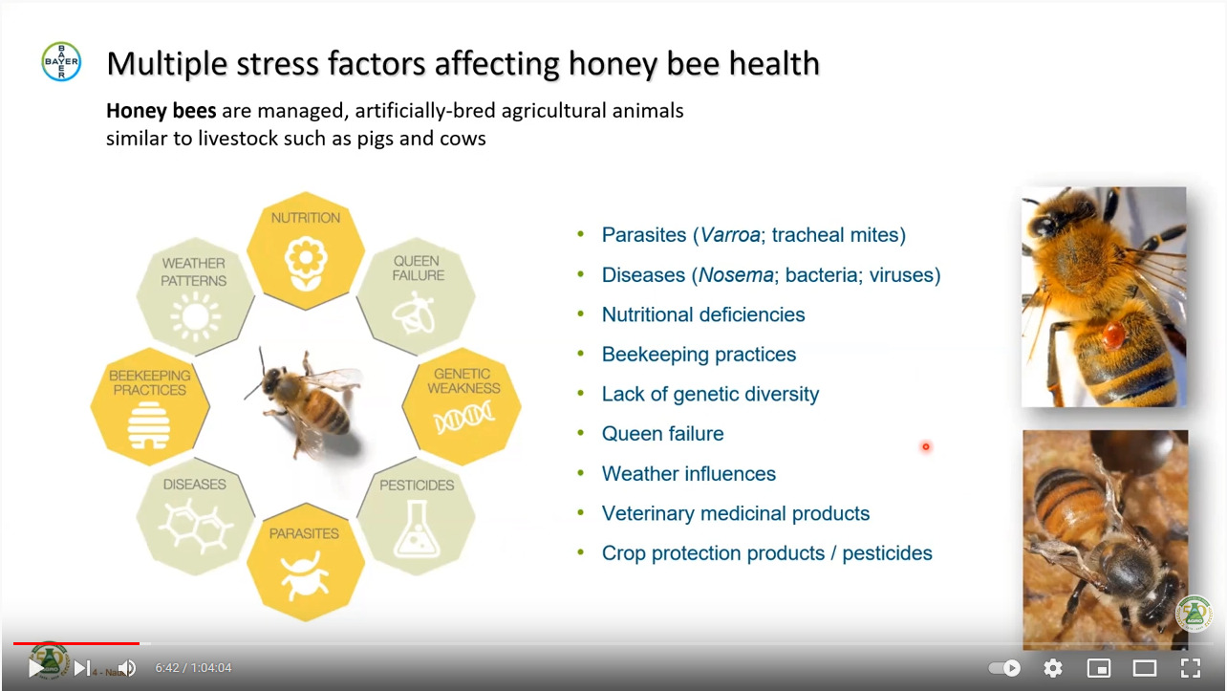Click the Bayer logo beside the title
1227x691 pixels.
point(61,61)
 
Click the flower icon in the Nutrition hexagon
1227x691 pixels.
point(306,263)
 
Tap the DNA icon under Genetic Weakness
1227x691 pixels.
point(463,418)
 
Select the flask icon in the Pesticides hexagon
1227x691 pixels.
point(417,529)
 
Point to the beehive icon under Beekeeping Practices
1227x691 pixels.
point(149,425)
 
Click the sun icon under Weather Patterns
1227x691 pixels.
point(196,316)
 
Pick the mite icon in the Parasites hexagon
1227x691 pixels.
point(305,576)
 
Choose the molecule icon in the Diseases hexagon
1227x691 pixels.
point(196,525)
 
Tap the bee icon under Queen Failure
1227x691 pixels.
point(414,313)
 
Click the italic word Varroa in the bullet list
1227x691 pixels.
point(730,235)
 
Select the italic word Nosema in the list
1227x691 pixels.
point(736,275)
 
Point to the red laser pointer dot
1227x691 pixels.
point(926,446)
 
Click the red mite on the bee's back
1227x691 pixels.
point(1112,335)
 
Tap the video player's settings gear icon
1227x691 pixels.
point(1053,668)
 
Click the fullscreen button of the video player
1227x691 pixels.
point(1191,668)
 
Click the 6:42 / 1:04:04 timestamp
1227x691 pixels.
point(193,668)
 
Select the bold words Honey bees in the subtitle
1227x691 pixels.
point(161,111)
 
